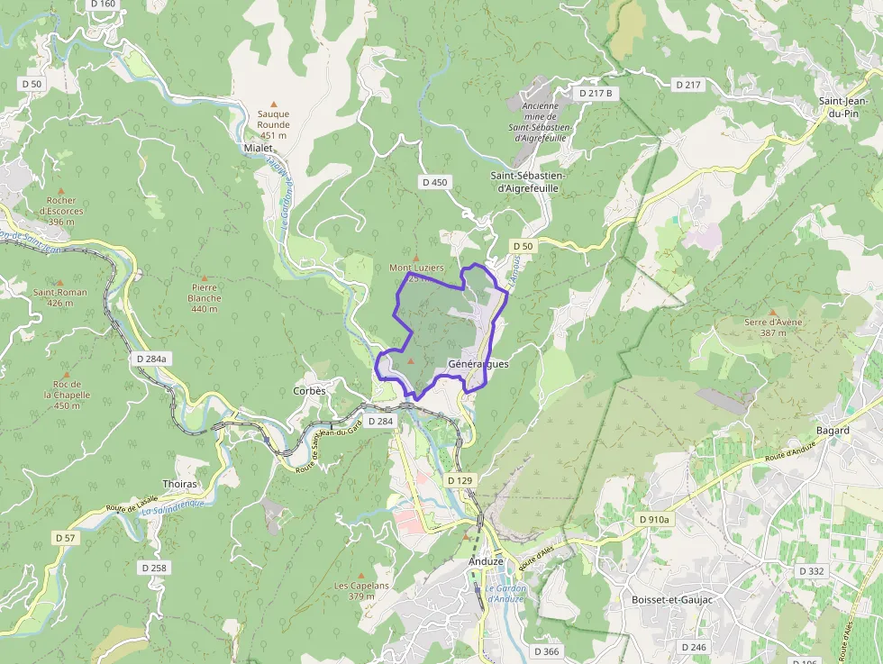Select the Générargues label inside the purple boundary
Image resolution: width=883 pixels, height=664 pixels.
(x=478, y=364)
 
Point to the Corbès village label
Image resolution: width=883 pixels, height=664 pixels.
(x=309, y=391)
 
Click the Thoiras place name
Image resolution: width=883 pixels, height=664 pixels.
(x=179, y=484)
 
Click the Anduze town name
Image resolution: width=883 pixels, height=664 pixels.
(x=486, y=560)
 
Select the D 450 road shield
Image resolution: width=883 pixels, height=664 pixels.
(x=434, y=182)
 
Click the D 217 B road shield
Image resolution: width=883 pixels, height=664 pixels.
(x=596, y=93)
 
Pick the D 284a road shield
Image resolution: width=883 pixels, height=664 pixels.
(x=151, y=359)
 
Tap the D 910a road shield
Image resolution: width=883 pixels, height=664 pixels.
(x=654, y=520)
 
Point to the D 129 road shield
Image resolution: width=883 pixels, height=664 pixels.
(x=460, y=480)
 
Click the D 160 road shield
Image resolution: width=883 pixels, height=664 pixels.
(x=104, y=4)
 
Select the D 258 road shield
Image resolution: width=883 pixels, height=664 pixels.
(x=154, y=568)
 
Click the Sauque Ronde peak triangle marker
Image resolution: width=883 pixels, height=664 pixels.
(x=274, y=104)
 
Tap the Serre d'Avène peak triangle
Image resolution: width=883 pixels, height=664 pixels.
(x=772, y=312)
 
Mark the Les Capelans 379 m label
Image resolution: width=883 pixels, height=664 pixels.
(x=361, y=590)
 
